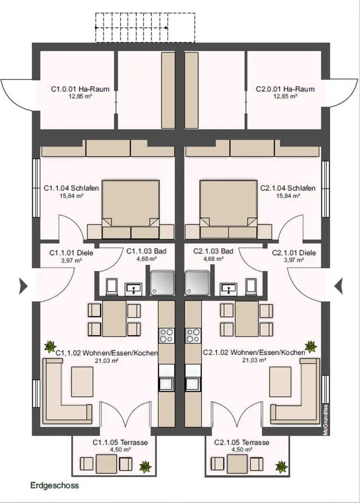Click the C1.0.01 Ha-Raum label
[x=80, y=89]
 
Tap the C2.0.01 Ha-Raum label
[x=285, y=89]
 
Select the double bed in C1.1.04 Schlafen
[x=130, y=210]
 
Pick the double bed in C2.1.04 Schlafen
[x=229, y=210]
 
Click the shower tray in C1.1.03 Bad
[x=163, y=283]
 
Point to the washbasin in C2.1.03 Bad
[x=229, y=289]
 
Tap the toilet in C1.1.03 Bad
[x=112, y=286]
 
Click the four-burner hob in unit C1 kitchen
[x=167, y=335]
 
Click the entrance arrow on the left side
[x=23, y=286]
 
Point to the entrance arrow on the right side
[x=339, y=286]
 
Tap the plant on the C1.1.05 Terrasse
[x=145, y=467]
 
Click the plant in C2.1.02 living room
[x=311, y=347]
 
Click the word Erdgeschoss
[x=54, y=485]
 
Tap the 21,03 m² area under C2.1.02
[x=254, y=360]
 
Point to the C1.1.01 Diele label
[x=71, y=253]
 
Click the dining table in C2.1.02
[x=247, y=319]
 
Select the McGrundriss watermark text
[x=326, y=420]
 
